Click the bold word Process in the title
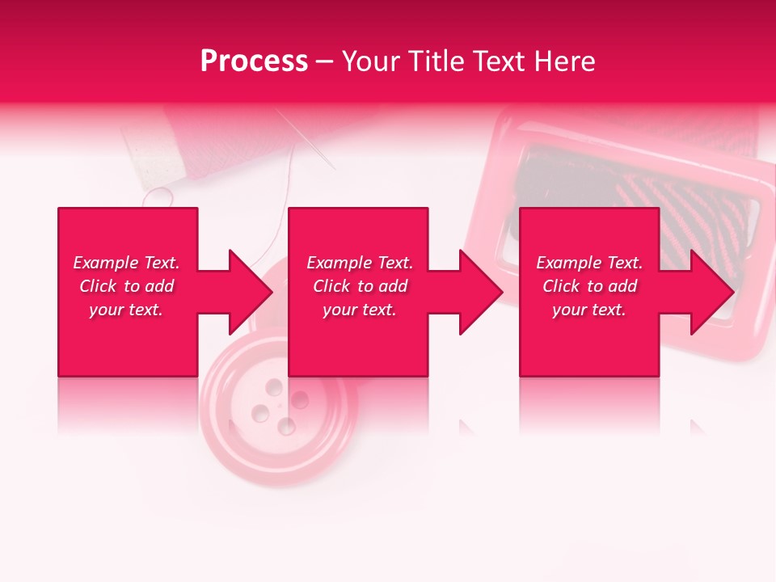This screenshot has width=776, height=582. point(254,61)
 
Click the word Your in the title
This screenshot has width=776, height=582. point(371,61)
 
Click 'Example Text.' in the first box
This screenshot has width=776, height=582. point(126,263)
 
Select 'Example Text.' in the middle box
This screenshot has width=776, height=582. point(360,263)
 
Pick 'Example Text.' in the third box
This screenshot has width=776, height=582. point(589,263)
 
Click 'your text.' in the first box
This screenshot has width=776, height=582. point(126,310)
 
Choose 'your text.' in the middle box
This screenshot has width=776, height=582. point(360,310)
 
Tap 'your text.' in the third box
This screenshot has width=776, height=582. point(589,310)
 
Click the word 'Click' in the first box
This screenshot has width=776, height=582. point(98,286)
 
